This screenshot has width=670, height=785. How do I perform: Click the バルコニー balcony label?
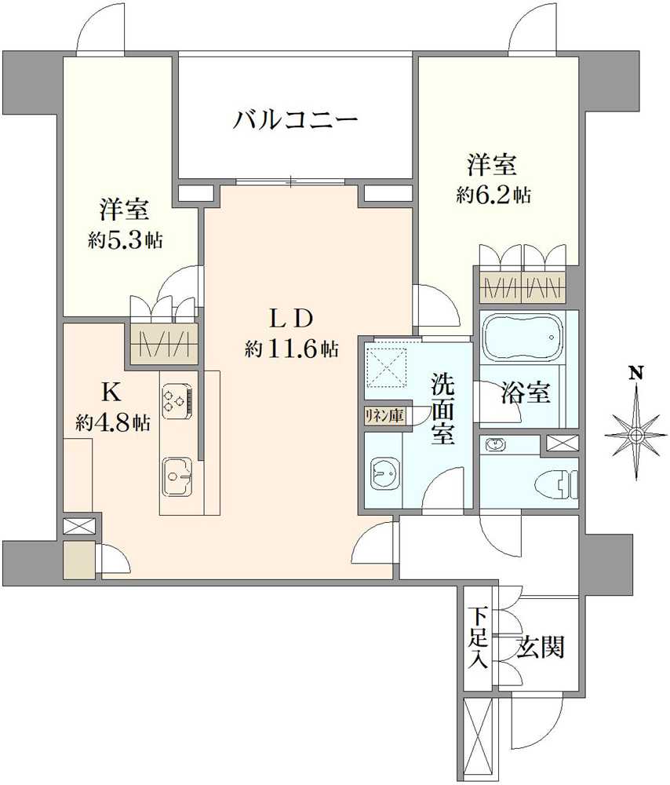coord(295,120)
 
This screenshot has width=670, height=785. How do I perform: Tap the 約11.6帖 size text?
coord(291,350)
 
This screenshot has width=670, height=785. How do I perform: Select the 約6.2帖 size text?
coord(493,195)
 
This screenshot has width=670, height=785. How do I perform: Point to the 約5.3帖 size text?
coord(125,240)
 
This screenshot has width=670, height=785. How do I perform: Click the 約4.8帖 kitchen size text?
coord(113,423)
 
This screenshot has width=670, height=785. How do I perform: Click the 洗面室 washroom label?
coord(442,409)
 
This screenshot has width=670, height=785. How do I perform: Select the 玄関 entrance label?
coord(541,648)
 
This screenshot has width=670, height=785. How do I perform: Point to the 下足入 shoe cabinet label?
coord(478,637)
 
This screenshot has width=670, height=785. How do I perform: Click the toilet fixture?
coord(563,480)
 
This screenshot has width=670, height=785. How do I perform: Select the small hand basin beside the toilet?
coord(497,446)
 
